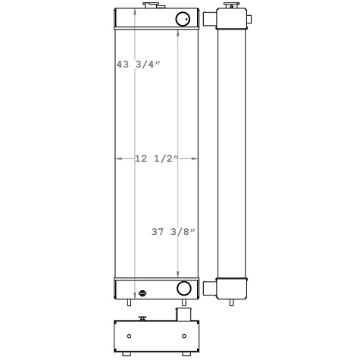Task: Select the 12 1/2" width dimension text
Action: click(x=156, y=158)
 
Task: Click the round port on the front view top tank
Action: click(x=183, y=19)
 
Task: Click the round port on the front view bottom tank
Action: click(x=183, y=288)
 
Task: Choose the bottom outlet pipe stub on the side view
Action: click(x=210, y=287)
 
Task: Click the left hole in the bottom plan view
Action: click(x=129, y=336)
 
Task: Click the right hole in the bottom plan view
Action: click(x=184, y=336)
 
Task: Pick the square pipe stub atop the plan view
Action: click(x=183, y=313)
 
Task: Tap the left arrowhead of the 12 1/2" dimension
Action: click(x=117, y=158)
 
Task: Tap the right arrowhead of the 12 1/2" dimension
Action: click(x=196, y=158)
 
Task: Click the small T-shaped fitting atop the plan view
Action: click(x=140, y=317)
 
